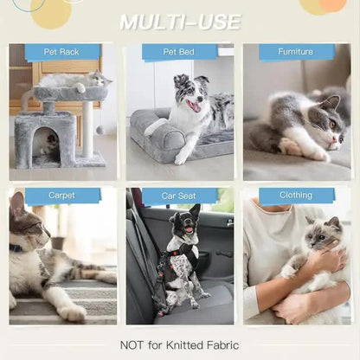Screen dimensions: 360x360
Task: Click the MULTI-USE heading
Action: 180,22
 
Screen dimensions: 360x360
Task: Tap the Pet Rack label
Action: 61,52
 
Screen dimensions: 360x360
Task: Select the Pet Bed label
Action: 179,52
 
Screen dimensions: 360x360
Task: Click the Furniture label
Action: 296,52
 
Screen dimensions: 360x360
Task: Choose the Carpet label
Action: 61,196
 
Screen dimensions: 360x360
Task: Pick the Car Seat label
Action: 179,196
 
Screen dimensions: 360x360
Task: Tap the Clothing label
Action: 296,196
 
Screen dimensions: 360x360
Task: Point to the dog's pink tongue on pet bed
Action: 196,107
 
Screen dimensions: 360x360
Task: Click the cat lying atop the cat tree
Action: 75,80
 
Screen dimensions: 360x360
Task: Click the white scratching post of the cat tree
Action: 88,129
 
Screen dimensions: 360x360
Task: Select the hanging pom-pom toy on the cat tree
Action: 100,131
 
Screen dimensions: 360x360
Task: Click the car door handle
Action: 230,222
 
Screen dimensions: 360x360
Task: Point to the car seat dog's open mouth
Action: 189,228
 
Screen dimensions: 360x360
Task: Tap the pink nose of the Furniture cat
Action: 334,140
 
